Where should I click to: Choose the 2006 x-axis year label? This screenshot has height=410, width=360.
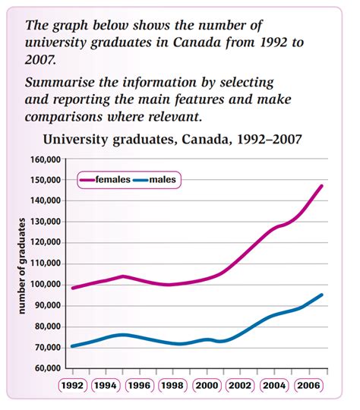pos(308,386)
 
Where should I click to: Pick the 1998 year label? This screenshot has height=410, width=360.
pos(172,386)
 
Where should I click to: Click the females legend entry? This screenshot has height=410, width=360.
pos(115,180)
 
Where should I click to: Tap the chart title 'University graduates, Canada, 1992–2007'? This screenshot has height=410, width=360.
pos(173,139)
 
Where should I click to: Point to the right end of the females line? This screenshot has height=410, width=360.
pos(322,186)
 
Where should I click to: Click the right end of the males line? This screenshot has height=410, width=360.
pos(322,295)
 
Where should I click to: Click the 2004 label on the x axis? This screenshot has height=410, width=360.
pos(274,386)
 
